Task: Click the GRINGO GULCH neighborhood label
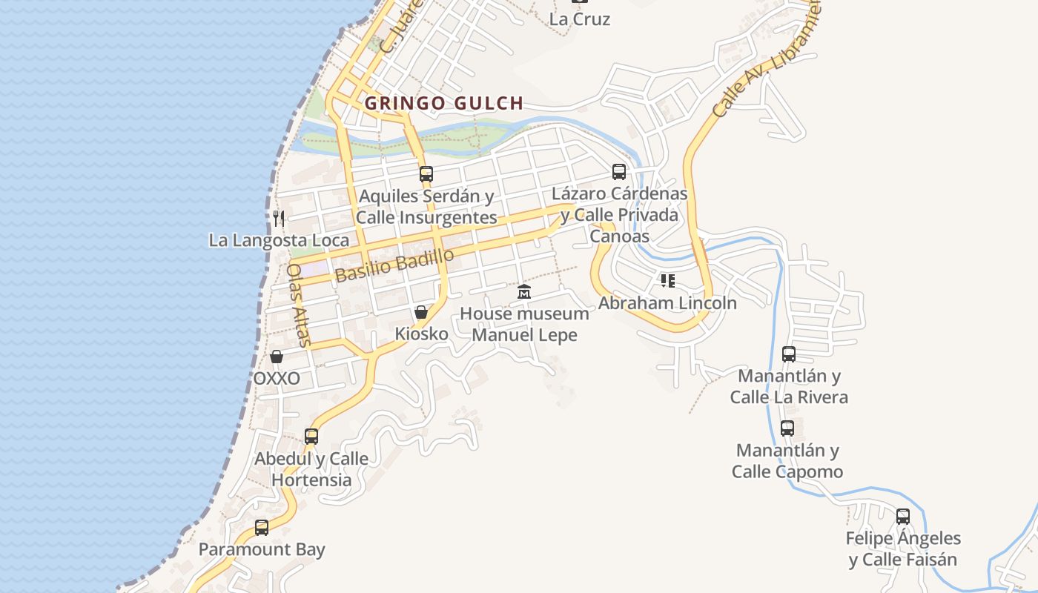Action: (444, 104)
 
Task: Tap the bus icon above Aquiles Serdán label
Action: (426, 174)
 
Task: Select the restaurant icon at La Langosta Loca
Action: (279, 218)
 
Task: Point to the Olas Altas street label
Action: (298, 305)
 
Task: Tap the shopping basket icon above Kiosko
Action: (421, 312)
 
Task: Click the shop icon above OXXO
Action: (277, 357)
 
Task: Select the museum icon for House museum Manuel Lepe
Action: (524, 292)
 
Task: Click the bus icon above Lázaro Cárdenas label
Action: (619, 172)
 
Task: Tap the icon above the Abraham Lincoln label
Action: (667, 281)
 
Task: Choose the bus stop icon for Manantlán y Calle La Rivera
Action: (789, 354)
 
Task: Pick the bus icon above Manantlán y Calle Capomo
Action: (787, 428)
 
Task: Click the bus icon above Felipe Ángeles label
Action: (903, 517)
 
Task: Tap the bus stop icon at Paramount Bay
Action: (262, 528)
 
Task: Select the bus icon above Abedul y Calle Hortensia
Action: (311, 437)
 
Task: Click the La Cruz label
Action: (580, 19)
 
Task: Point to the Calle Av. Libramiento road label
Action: (767, 59)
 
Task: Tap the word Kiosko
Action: (421, 334)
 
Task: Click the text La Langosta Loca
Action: (279, 240)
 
